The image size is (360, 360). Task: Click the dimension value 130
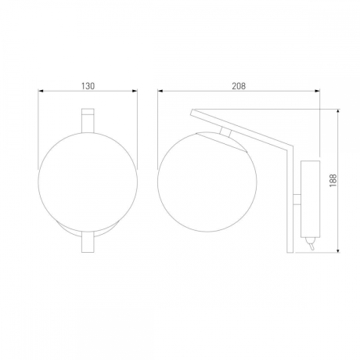pyautogui.click(x=88, y=86)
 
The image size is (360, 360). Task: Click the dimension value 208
pyautogui.click(x=239, y=86)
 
